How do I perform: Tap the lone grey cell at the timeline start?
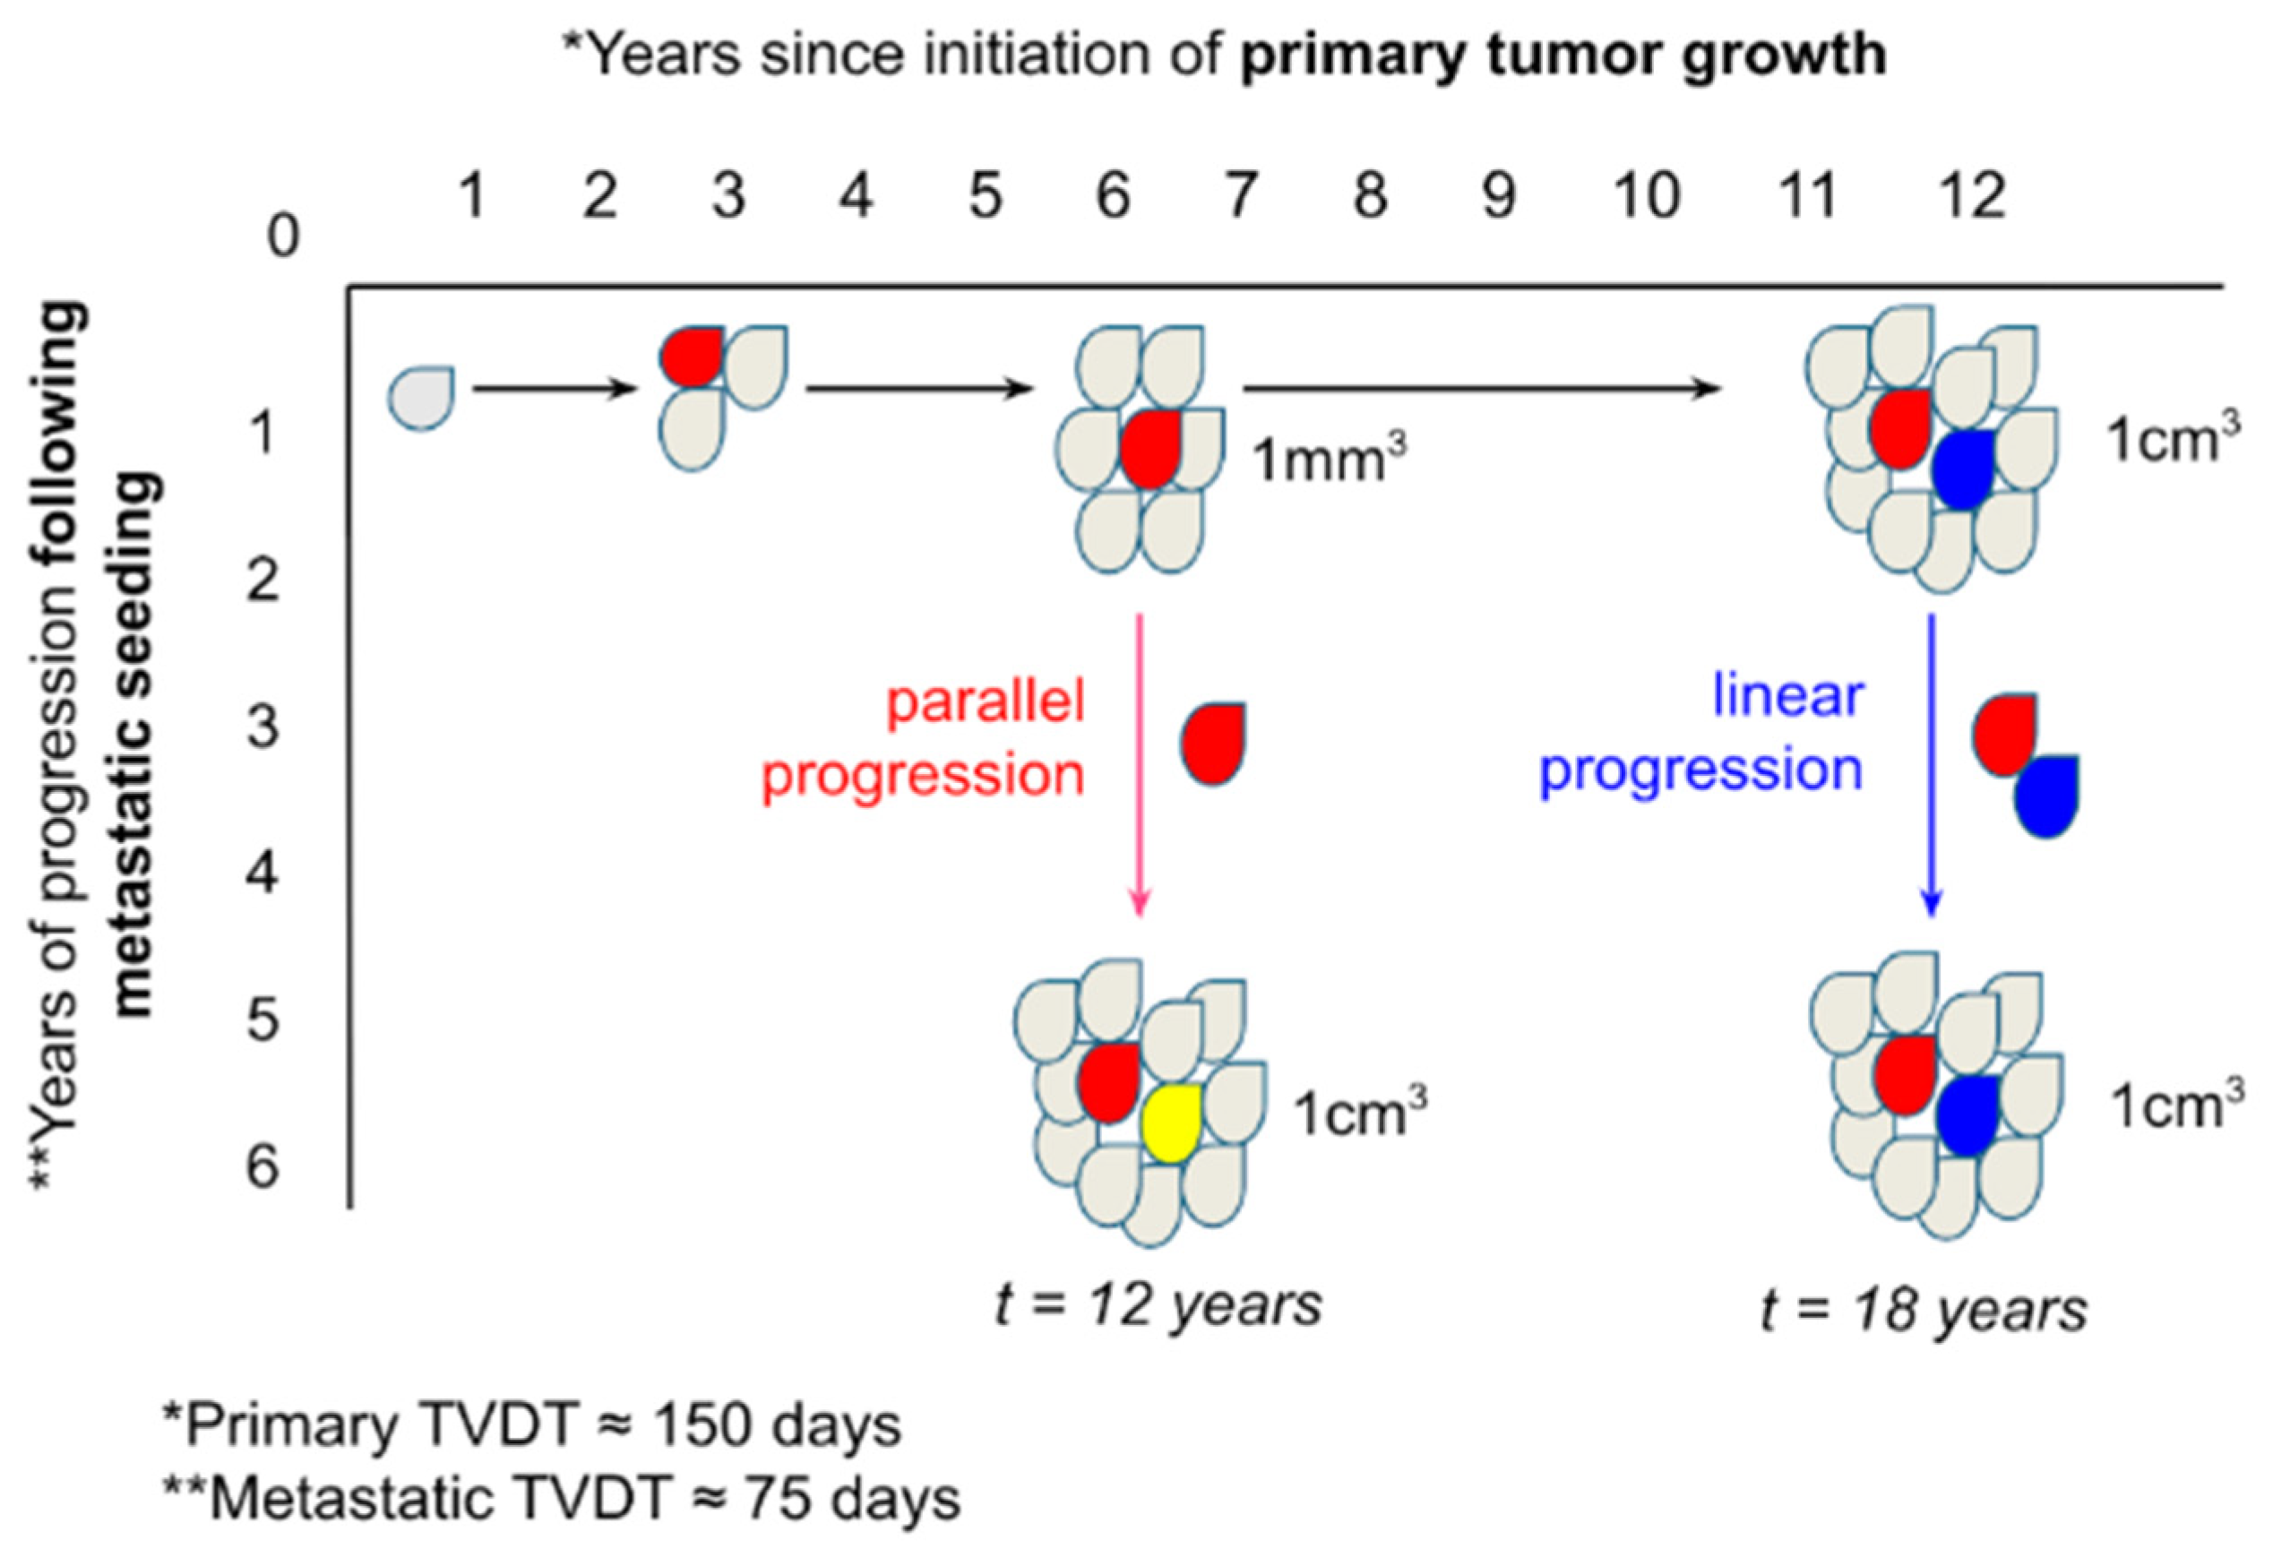[422, 399]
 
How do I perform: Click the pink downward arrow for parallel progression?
[1139, 766]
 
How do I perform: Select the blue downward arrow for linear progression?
[1931, 766]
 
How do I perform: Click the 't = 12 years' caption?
[1158, 1306]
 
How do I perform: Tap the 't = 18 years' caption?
[1924, 1310]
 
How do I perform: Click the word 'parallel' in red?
[985, 704]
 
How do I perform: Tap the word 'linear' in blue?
[1787, 696]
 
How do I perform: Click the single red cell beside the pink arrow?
[1213, 743]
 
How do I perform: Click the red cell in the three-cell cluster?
[693, 355]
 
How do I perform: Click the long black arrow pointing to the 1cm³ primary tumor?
[1482, 390]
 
